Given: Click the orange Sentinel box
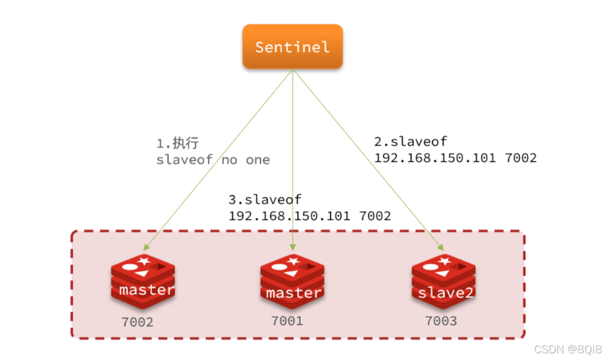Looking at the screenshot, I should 292,47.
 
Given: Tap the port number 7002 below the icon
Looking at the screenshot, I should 137,322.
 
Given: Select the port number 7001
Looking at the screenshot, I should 287,321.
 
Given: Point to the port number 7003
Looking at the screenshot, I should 441,321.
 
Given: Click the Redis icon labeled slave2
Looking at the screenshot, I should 443,281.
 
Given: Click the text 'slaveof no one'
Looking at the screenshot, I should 213,160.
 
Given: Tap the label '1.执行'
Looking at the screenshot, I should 177,144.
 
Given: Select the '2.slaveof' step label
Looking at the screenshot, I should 410,141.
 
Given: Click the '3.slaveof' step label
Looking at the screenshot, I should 265,199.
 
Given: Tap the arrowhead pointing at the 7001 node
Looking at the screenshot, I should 292,247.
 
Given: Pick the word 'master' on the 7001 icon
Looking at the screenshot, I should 293,293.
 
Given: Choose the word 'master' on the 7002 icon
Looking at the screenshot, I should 146,291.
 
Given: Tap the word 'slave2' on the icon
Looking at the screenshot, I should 446,293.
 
